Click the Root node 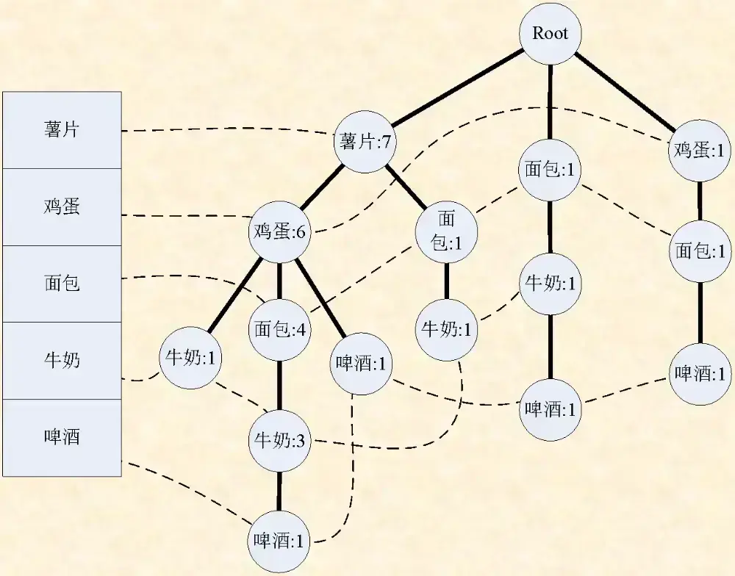click(550, 34)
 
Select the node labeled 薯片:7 click(365, 142)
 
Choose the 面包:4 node click(279, 328)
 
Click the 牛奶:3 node click(279, 442)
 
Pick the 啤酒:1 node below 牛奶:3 click(279, 541)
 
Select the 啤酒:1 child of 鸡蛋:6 click(362, 362)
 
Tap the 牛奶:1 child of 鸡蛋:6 click(191, 359)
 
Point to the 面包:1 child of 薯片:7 click(446, 231)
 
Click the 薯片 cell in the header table click(62, 130)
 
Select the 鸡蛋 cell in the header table click(62, 206)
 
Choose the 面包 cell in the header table click(62, 284)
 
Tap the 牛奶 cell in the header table click(62, 361)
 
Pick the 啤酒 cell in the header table click(62, 438)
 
